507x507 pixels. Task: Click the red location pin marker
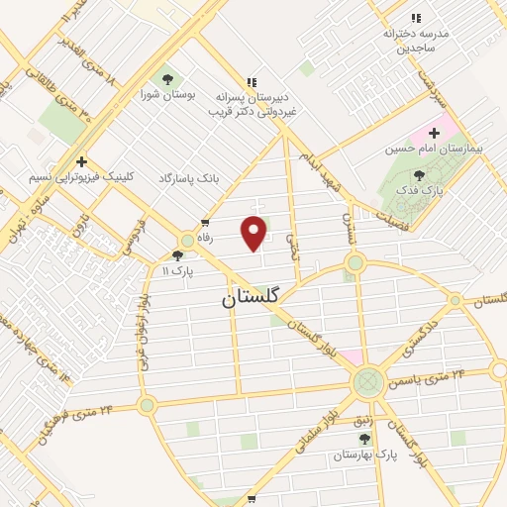[x=255, y=233]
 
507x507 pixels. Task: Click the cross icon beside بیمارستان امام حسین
[x=433, y=132]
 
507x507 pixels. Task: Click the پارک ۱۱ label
[x=176, y=269]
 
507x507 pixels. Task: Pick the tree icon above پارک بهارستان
[x=364, y=439]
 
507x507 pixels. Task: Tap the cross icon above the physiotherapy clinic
[x=81, y=161]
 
